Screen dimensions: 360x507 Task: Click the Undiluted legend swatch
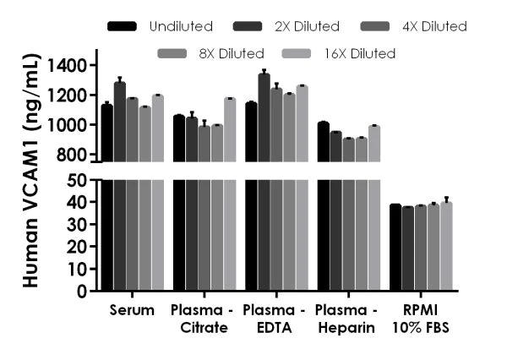pyautogui.click(x=123, y=27)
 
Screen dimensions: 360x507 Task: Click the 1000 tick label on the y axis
pyautogui.click(x=66, y=125)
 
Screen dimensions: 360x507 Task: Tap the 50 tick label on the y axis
pyautogui.click(x=77, y=180)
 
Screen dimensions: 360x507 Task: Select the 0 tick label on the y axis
pyautogui.click(x=82, y=292)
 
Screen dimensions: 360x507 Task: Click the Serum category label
pyautogui.click(x=132, y=310)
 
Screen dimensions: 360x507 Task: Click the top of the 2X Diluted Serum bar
pyautogui.click(x=119, y=83)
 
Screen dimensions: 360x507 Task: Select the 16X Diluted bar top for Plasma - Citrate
pyautogui.click(x=230, y=99)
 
